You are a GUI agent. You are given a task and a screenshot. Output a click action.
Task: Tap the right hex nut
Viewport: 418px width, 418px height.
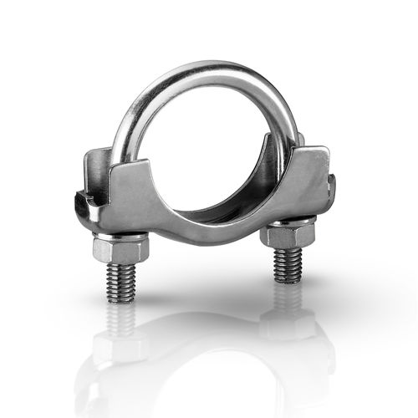point(287,236)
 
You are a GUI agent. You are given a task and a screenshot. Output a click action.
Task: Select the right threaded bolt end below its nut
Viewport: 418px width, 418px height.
point(287,263)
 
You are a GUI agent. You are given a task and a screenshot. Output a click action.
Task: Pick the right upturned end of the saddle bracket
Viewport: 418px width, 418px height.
point(315,159)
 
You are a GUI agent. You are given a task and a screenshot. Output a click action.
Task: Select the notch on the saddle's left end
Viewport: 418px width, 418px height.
point(81,198)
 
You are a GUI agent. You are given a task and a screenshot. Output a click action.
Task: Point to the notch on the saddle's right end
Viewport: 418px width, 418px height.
point(332,186)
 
